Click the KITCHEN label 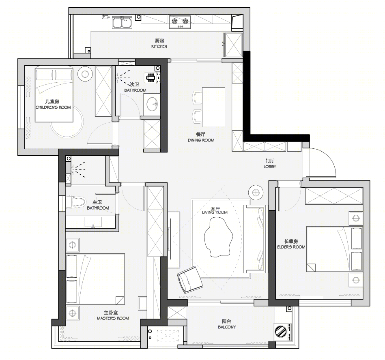pyautogui.click(x=159, y=46)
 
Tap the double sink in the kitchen pyautogui.click(x=122, y=22)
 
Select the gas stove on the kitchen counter pyautogui.click(x=180, y=22)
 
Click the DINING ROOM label pyautogui.click(x=201, y=140)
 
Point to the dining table pyautogui.click(x=213, y=107)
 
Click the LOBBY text pyautogui.click(x=270, y=167)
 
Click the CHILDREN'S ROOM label pyautogui.click(x=53, y=107)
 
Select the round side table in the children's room pyautogui.click(x=85, y=74)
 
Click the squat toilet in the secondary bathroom pyautogui.click(x=151, y=78)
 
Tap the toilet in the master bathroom pyautogui.click(x=75, y=202)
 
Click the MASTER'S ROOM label pyautogui.click(x=113, y=318)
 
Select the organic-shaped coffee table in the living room pyautogui.click(x=218, y=237)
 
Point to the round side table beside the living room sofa pyautogui.click(x=256, y=193)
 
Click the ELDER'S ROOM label pyautogui.click(x=291, y=247)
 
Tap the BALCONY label pyautogui.click(x=227, y=327)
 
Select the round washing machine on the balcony pyautogui.click(x=281, y=332)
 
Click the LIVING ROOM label pyautogui.click(x=215, y=212)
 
